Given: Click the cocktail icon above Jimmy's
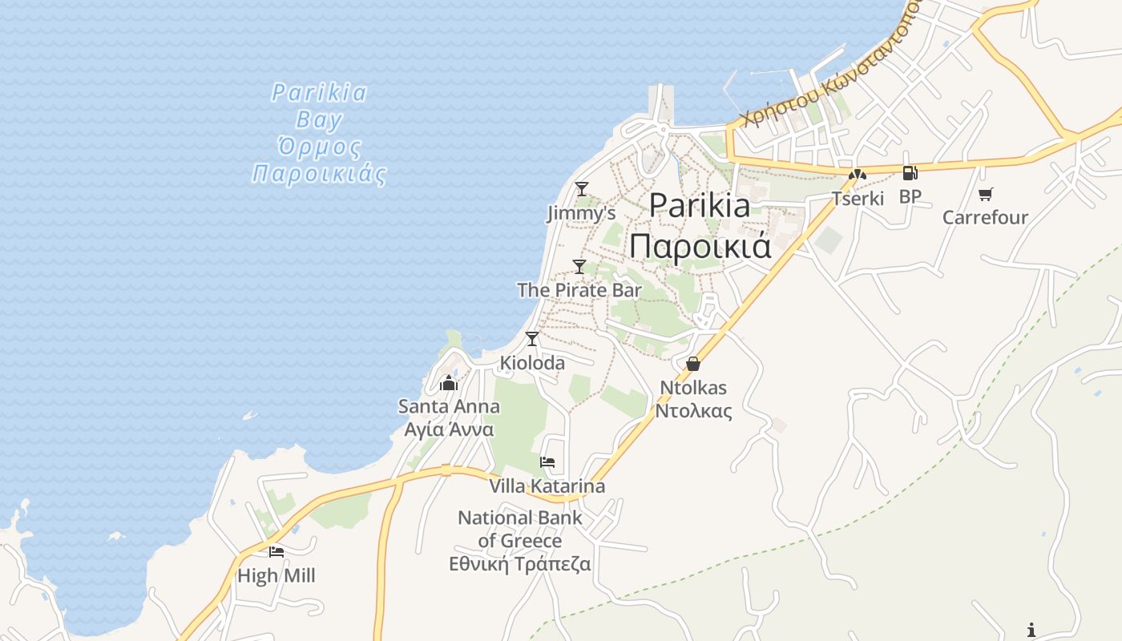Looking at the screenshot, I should (x=582, y=189).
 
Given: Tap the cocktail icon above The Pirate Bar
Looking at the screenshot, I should (x=579, y=267).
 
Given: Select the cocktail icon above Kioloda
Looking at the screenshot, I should (x=532, y=339).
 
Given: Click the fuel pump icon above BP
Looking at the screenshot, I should (x=910, y=172).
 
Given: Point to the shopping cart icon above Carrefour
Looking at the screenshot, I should (x=985, y=193).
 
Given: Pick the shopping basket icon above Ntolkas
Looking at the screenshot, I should (x=693, y=364).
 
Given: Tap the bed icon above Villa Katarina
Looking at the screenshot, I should (x=547, y=462).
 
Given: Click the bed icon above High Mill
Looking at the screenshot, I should (x=276, y=551).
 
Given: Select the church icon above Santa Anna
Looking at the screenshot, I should (x=449, y=383).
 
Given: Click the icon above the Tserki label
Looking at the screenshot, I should (x=858, y=174).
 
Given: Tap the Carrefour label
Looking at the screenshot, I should (x=985, y=217).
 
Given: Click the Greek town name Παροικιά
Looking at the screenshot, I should (x=700, y=246).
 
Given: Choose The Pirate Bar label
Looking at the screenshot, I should (x=579, y=290).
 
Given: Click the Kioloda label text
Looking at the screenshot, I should (x=532, y=363).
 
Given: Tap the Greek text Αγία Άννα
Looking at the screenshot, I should (x=449, y=429).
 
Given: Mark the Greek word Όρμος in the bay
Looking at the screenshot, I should (x=319, y=147).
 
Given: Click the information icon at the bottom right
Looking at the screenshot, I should (x=1031, y=630).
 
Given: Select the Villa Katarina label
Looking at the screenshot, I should (x=547, y=486).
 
